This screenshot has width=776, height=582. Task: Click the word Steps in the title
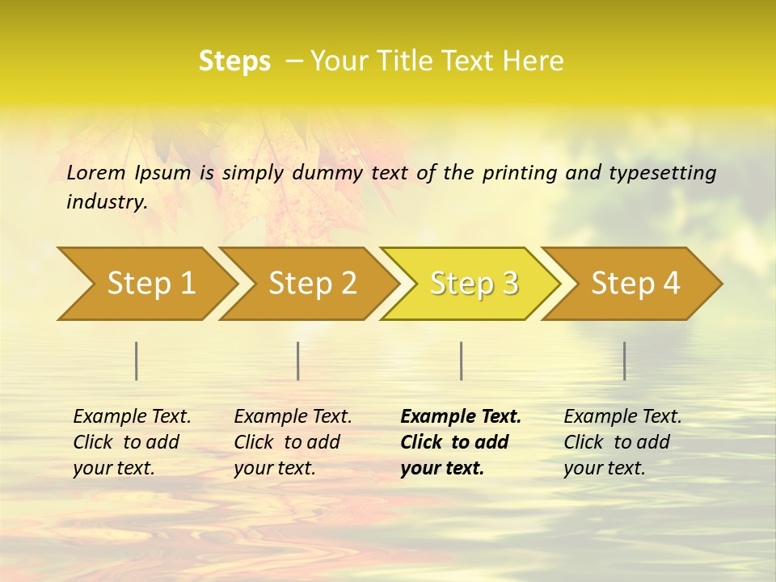[x=234, y=61]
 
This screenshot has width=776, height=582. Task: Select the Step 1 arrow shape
[x=150, y=284]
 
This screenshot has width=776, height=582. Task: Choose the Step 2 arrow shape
[x=312, y=284]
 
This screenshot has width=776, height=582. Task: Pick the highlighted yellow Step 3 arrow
[x=474, y=284]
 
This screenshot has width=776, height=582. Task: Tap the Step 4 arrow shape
[x=635, y=284]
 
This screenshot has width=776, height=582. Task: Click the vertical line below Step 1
[x=137, y=361]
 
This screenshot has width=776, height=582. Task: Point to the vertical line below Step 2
[x=298, y=361]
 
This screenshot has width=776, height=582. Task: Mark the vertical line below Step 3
[x=461, y=361]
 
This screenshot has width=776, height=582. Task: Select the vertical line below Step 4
[x=624, y=361]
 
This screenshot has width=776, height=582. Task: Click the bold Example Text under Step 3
[x=461, y=417]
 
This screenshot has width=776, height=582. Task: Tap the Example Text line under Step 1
[x=132, y=417]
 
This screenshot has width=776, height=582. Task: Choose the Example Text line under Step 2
[x=293, y=417]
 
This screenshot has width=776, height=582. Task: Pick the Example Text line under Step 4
[x=622, y=417]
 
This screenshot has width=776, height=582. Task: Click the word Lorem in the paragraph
[x=96, y=173]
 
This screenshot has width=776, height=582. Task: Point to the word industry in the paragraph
[x=106, y=202]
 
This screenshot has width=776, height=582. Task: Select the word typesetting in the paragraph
[x=662, y=173]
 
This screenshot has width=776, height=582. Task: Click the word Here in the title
[x=533, y=61]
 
